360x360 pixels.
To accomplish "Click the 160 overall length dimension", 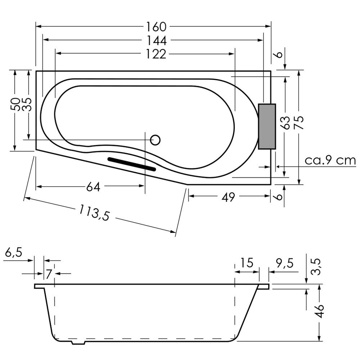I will click(x=157, y=27).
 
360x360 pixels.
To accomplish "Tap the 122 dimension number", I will click(x=156, y=54).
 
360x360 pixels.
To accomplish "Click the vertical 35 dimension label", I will click(x=28, y=105).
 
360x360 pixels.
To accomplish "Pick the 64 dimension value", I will click(x=93, y=187).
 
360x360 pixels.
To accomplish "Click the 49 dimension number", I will click(x=228, y=197).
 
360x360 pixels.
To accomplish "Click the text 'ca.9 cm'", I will click(x=330, y=160).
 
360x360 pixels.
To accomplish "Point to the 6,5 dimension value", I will click(x=13, y=253).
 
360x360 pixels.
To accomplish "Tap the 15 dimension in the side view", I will click(x=247, y=263).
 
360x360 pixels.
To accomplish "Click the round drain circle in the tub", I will click(x=155, y=140).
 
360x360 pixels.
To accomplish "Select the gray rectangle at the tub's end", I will click(x=267, y=126).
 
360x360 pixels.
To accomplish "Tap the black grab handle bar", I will click(x=132, y=164).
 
